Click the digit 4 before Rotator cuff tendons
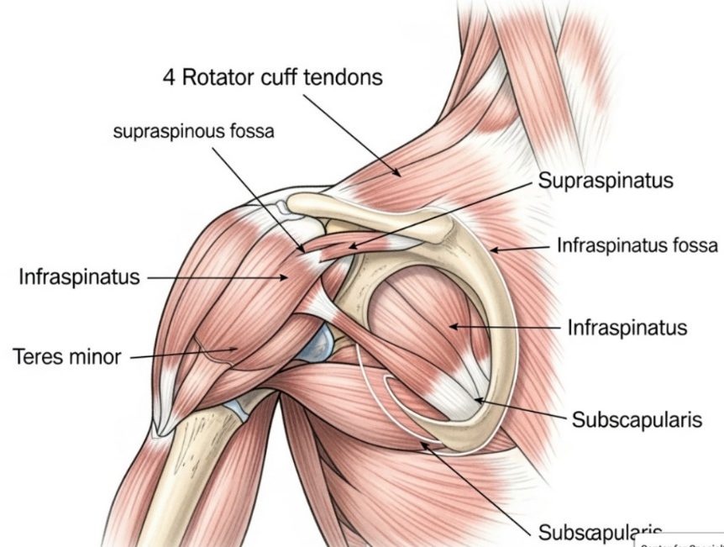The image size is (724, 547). pos(170,78)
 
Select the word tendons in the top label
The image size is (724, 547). pos(344,78)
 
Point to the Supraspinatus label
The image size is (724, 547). pos(605,181)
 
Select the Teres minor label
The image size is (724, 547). pos(67,356)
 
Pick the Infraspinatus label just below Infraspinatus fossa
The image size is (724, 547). pos(627,327)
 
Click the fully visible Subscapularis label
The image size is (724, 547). pos(636,419)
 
